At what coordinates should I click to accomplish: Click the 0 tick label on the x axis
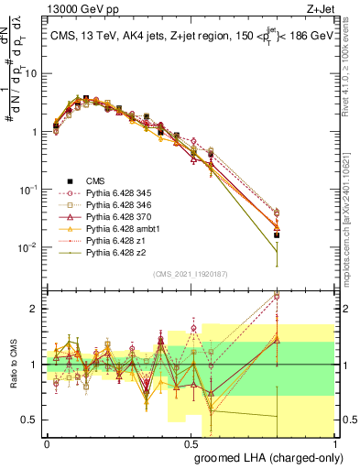coord(47,442)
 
